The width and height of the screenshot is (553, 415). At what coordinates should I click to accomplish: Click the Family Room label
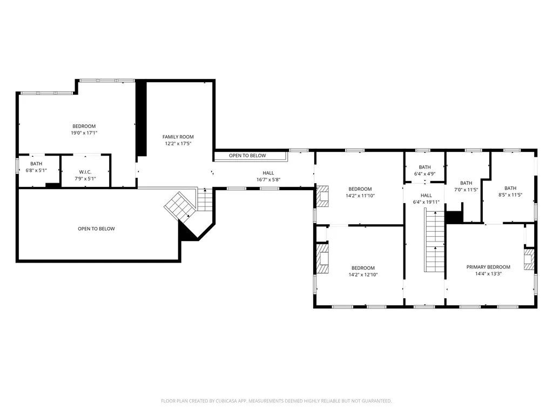click(178, 137)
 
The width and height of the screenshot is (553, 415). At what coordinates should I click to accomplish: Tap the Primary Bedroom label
click(488, 267)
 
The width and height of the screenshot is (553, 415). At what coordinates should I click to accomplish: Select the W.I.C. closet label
click(85, 172)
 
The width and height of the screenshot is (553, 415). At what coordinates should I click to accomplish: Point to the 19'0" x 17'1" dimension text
click(84, 133)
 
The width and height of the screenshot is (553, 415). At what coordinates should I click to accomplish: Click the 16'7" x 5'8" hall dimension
click(268, 179)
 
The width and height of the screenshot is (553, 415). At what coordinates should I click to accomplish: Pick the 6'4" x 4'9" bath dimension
click(424, 174)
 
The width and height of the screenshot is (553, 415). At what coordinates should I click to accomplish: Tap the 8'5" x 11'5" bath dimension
click(510, 195)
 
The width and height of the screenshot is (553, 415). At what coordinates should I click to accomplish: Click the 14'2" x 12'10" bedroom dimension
click(363, 275)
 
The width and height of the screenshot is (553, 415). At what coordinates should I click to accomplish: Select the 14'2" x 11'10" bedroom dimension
click(360, 196)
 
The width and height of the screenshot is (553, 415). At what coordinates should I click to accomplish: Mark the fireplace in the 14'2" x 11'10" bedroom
click(322, 196)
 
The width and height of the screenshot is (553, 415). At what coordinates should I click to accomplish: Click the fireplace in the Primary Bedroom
click(529, 259)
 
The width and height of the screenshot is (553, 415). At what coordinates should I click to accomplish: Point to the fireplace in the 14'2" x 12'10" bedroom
click(322, 258)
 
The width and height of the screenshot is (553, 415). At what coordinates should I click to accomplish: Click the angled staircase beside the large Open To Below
click(180, 206)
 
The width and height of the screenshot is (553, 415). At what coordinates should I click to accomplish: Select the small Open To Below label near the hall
click(247, 156)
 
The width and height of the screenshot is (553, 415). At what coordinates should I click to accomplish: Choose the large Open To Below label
click(96, 229)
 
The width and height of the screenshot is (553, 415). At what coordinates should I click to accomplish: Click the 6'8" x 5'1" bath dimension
click(36, 170)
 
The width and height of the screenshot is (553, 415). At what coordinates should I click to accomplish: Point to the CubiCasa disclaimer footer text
click(276, 401)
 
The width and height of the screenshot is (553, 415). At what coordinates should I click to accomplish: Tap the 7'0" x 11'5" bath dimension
click(466, 190)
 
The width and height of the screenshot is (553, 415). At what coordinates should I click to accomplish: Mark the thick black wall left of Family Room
click(141, 118)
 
